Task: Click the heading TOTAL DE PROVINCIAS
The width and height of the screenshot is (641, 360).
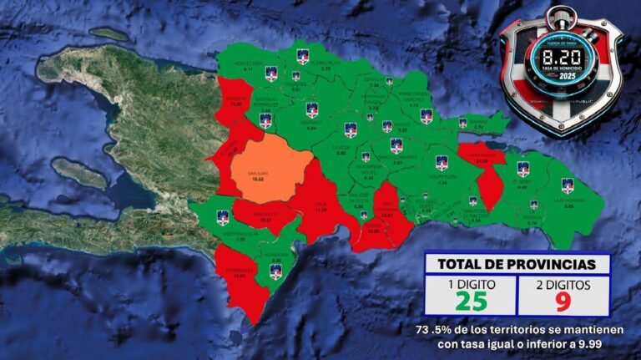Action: coord(517,264)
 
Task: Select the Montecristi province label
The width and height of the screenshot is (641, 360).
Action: coord(249,67)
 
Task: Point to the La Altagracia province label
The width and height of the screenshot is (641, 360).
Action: coord(568,202)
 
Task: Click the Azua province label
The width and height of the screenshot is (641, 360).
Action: coord(320,209)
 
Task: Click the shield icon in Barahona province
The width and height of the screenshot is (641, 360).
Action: coord(275,269)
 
